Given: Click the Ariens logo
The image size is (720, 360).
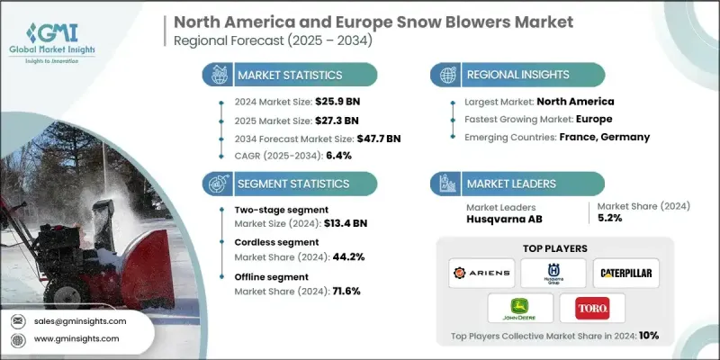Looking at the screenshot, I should (481, 273).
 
